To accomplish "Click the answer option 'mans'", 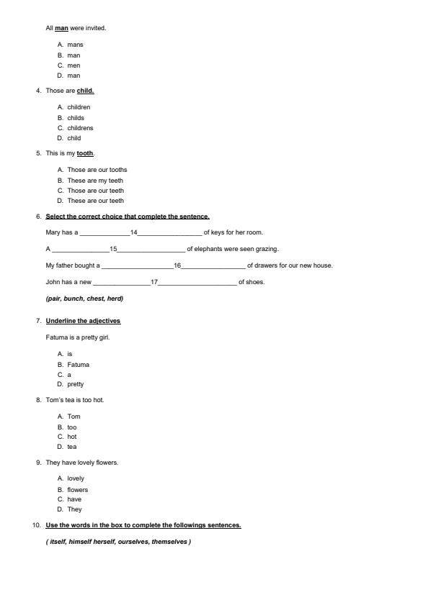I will tap(75, 45).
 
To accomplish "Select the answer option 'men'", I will tap(73, 65).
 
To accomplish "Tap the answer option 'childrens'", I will tap(80, 128).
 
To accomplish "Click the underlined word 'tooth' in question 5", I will tap(85, 153).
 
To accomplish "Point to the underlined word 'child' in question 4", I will tap(85, 91).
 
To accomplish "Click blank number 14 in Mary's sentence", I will tap(134, 232).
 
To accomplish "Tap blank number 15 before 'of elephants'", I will tap(113, 249).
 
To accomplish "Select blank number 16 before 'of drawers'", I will tap(177, 265).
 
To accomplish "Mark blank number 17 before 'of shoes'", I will tap(154, 282).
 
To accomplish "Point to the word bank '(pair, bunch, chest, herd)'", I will tap(84, 299).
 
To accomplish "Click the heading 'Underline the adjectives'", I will tap(83, 321).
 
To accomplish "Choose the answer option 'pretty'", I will tap(76, 384).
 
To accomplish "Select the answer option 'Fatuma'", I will tap(79, 365).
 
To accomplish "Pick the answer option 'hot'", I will tap(72, 437).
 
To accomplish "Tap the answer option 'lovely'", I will tap(76, 478).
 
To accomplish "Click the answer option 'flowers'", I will tap(78, 490).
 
